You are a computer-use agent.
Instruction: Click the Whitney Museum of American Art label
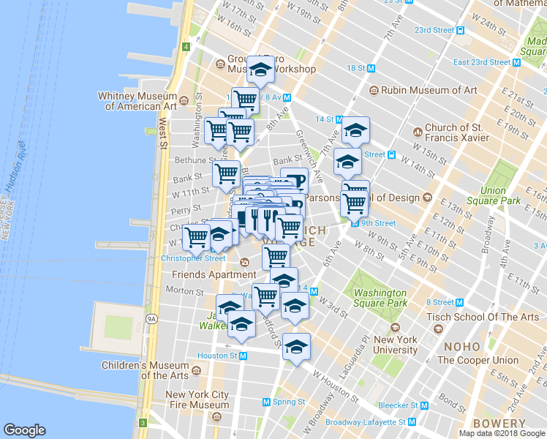[x=140, y=101]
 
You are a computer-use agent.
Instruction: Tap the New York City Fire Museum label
[x=198, y=399]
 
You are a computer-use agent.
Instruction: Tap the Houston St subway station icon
[x=244, y=356]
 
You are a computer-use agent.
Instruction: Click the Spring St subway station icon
[x=267, y=402]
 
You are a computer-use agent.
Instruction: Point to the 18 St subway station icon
[x=371, y=68]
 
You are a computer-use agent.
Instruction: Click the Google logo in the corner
[x=25, y=430]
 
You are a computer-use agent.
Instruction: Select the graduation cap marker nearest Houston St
[x=296, y=348]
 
